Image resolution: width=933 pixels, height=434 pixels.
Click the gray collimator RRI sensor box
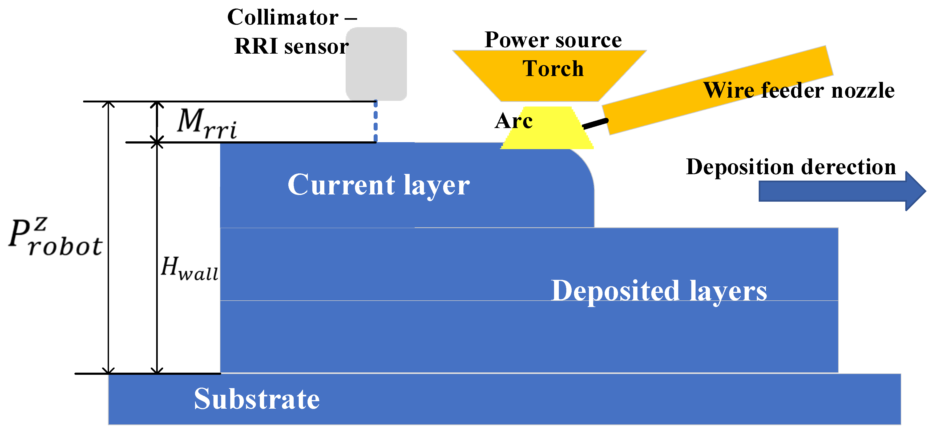(376, 63)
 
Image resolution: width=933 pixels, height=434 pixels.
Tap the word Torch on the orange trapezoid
(553, 69)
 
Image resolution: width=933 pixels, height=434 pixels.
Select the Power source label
(553, 40)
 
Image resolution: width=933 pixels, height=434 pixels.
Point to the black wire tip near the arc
(595, 124)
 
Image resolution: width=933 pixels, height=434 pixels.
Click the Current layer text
(378, 185)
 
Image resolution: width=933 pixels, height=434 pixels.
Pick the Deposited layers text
(659, 291)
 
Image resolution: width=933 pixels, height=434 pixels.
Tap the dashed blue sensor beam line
(375, 121)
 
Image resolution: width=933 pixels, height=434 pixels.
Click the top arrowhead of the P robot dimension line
(108, 104)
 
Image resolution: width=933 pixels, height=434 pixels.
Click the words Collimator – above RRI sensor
(292, 17)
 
